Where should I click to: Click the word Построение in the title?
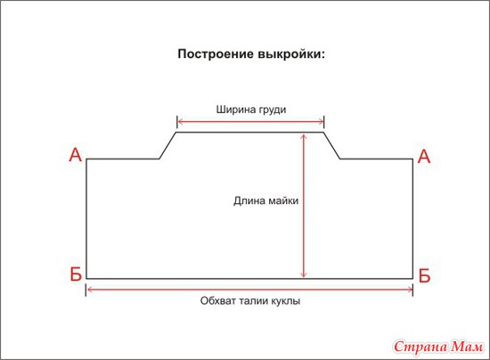[216, 54]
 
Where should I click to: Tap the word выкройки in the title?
[291, 54]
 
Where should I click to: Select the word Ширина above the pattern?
[235, 110]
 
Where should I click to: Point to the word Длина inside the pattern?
[249, 200]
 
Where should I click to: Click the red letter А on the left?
[76, 155]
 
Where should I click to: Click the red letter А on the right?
[424, 157]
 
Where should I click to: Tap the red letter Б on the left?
[76, 274]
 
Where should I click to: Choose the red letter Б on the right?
[424, 275]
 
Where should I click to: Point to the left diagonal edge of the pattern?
[167, 145]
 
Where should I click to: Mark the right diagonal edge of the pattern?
[332, 145]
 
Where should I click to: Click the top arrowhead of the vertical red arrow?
[303, 136]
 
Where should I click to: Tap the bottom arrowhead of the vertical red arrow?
[303, 275]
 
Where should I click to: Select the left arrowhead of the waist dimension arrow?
[89, 290]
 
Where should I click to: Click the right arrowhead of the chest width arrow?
[321, 121]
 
